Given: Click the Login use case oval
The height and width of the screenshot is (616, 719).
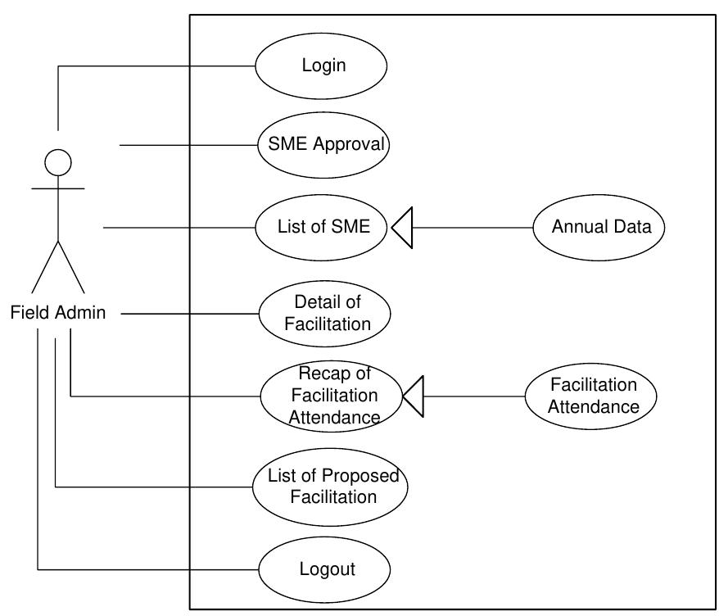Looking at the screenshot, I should pyautogui.click(x=321, y=66).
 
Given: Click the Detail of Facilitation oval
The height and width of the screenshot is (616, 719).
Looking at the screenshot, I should pyautogui.click(x=325, y=313).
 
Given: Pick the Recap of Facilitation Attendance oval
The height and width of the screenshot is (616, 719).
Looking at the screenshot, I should pyautogui.click(x=332, y=396).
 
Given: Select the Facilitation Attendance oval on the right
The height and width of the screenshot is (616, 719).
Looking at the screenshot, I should pyautogui.click(x=592, y=396).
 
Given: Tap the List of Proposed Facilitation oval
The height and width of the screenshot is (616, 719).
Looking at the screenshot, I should pyautogui.click(x=330, y=486).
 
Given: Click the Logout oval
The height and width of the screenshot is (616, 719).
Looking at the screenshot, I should pyautogui.click(x=325, y=568).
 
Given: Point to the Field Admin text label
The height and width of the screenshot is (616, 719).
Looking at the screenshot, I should pyautogui.click(x=58, y=312).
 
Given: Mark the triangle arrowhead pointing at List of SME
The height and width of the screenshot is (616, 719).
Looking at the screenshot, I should pyautogui.click(x=400, y=228).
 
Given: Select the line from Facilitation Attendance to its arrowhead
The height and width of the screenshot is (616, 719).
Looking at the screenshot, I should pyautogui.click(x=475, y=396).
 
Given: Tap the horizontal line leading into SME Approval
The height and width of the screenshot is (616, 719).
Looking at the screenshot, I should pyautogui.click(x=188, y=146).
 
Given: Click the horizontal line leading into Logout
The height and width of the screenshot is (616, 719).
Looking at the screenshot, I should pyautogui.click(x=147, y=568).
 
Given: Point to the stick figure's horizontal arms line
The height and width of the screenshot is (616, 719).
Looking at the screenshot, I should pyautogui.click(x=58, y=188).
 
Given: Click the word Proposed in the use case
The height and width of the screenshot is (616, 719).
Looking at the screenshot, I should pyautogui.click(x=355, y=476).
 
